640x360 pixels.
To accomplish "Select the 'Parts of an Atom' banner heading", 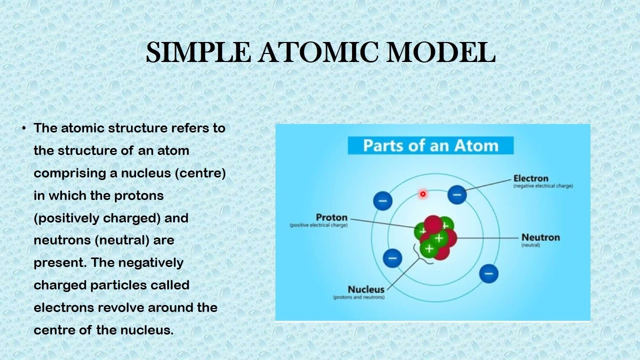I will tap(430, 145).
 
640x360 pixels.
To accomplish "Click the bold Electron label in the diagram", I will tap(530, 178).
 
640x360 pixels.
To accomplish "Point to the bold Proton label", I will tap(331, 217).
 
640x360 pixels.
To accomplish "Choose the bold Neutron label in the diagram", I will tap(540, 237).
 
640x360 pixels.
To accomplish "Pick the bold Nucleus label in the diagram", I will tap(366, 289).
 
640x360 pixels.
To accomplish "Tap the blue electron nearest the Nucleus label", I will tap(392, 258).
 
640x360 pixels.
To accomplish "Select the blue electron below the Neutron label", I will tap(488, 273).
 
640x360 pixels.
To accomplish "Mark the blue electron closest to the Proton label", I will tap(382, 201).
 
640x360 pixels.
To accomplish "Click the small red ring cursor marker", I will tap(423, 194).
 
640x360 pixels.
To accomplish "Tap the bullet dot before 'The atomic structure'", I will tap(24, 128).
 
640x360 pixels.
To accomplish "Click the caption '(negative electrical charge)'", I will tap(543, 186).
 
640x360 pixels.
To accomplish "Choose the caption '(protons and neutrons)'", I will tap(358, 297).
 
